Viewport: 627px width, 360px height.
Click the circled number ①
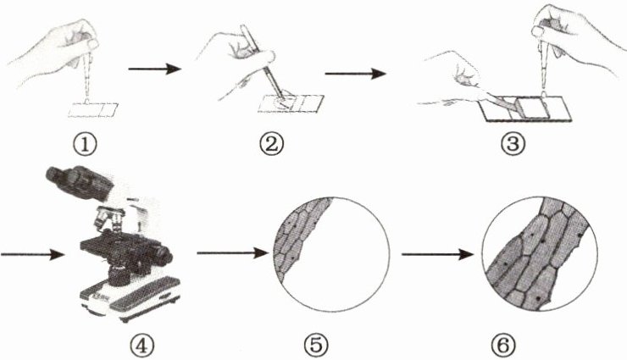[x=85, y=144]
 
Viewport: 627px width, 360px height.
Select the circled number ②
[x=271, y=144]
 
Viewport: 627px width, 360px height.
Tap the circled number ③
[x=513, y=144]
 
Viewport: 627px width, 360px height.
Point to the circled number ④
[x=141, y=346]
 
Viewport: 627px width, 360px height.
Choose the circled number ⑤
[x=316, y=346]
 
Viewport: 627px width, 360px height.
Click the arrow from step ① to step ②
[x=154, y=69]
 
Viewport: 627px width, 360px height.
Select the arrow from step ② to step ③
[x=356, y=74]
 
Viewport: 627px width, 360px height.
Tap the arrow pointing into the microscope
[x=32, y=254]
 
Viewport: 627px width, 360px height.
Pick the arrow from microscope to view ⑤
[x=232, y=253]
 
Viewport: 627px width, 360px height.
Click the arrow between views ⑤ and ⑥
[x=437, y=254]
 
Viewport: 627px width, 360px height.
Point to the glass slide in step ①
[x=93, y=110]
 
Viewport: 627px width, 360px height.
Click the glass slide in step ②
[x=291, y=104]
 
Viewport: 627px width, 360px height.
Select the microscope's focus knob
[x=161, y=256]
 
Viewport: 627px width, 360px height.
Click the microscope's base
[x=130, y=296]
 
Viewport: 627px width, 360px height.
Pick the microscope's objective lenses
[x=108, y=220]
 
